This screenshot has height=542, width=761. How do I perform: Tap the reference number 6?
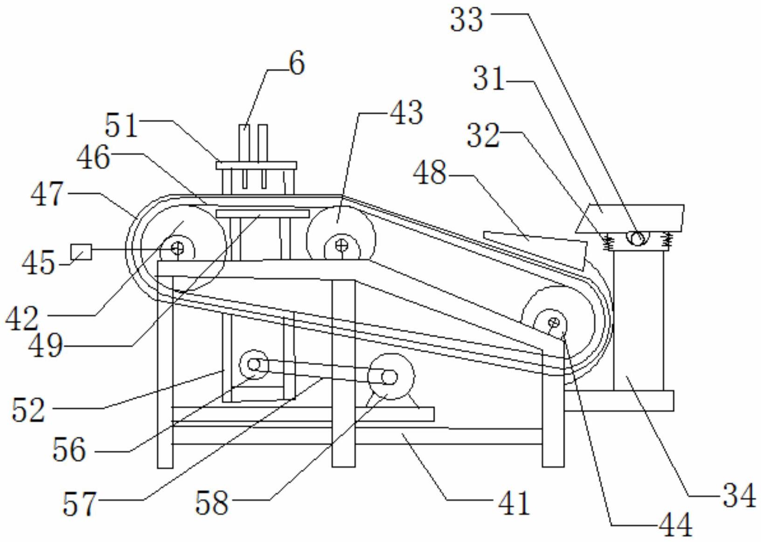coord(297,63)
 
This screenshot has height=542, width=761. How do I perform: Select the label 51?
coord(121,125)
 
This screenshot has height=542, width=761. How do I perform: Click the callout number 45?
coord(38,262)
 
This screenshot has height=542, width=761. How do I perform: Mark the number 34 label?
coord(739,496)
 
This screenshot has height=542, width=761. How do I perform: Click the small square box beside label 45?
coord(81,252)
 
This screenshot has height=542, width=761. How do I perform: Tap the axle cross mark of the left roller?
coord(178,249)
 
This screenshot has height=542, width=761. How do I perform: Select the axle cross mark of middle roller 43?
coord(342,245)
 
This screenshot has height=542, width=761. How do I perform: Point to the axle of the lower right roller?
coord(555,322)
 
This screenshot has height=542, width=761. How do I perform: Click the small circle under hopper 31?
coord(638,237)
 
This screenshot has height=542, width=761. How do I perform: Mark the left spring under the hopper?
coord(608,242)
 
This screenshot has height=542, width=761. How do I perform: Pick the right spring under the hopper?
coord(668,241)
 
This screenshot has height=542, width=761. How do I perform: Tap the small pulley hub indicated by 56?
coord(254,365)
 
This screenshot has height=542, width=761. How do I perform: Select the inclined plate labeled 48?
coord(535,251)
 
